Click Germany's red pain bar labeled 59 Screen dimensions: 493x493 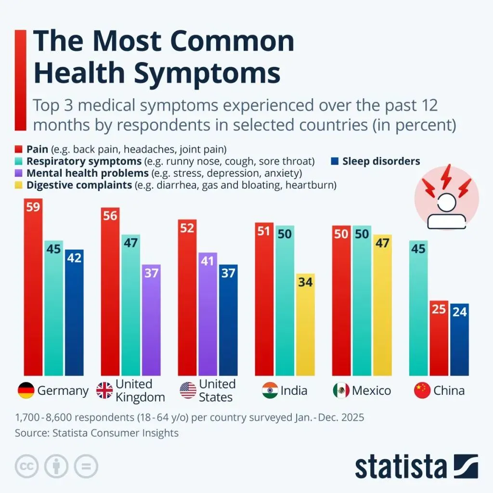click(33, 289)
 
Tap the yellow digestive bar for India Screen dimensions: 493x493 click(305, 327)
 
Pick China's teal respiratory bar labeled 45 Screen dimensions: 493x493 click(418, 308)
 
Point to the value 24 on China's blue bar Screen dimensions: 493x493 click(460, 312)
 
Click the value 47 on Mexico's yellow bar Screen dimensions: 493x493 click(382, 243)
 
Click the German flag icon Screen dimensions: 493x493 click(26, 390)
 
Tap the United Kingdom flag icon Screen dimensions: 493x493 click(104, 390)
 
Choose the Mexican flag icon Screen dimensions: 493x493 click(341, 390)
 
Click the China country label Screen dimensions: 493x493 click(449, 390)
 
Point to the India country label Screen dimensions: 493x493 click(294, 390)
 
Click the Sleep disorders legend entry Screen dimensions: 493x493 click(381, 161)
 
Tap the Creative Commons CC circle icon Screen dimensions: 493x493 click(27, 466)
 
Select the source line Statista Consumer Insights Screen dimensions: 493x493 click(97, 433)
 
